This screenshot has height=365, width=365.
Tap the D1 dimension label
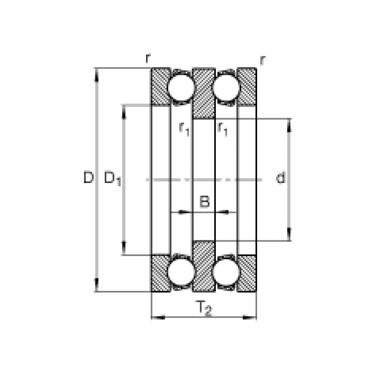pyautogui.click(x=113, y=179)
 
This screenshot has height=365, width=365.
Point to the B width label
pyautogui.click(x=205, y=201)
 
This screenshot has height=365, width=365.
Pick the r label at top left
pyautogui.click(x=148, y=58)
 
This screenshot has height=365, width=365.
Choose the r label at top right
pyautogui.click(x=262, y=60)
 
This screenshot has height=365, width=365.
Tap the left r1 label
pyautogui.click(x=184, y=129)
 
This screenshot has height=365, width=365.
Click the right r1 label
pyautogui.click(x=223, y=129)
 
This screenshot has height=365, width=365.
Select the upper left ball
pyautogui.click(x=181, y=87)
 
